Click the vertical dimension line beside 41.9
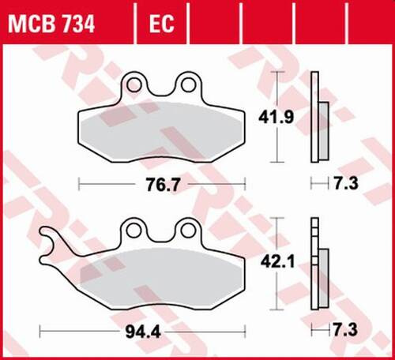(x=276, y=118)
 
